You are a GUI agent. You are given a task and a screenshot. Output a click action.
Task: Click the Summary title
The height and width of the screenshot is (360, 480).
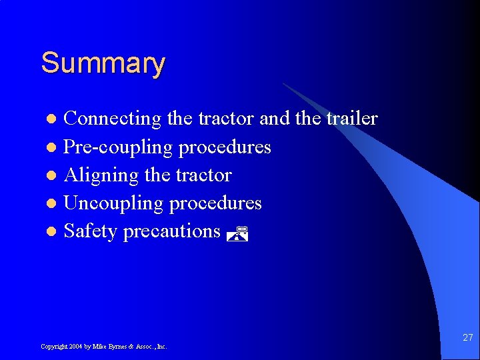[103, 64]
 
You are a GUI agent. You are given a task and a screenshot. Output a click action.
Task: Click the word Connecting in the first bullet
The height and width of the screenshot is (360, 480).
[112, 119]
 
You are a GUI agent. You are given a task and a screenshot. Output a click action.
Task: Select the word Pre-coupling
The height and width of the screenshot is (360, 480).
[118, 147]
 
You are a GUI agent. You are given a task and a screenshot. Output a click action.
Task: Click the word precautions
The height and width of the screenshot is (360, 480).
[171, 232]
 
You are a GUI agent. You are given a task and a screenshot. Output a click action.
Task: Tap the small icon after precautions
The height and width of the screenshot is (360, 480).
[237, 233]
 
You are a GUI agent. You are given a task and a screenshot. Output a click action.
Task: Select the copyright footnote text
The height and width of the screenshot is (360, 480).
[103, 347]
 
